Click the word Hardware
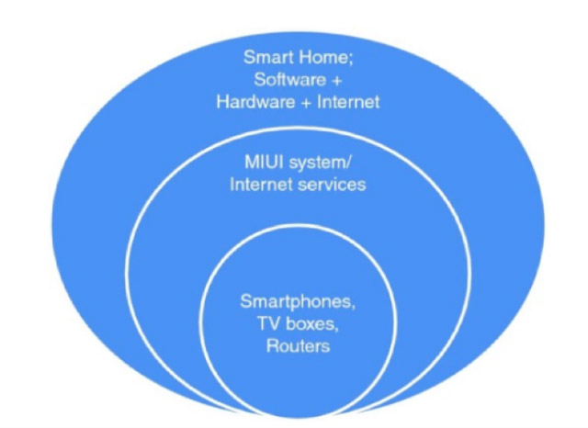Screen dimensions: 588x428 pos(255,102)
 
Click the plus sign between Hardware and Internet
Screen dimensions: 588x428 pos(306,103)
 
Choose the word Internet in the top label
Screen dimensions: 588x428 pos(348,102)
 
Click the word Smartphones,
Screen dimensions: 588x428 pos(298,302)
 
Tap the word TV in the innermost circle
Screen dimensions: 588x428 pos(268,323)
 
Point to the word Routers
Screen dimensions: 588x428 pos(298,346)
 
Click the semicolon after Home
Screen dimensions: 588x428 pos(351,60)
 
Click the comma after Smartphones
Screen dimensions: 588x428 pos(353,308)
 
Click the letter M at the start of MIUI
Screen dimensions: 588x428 pos(251,163)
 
